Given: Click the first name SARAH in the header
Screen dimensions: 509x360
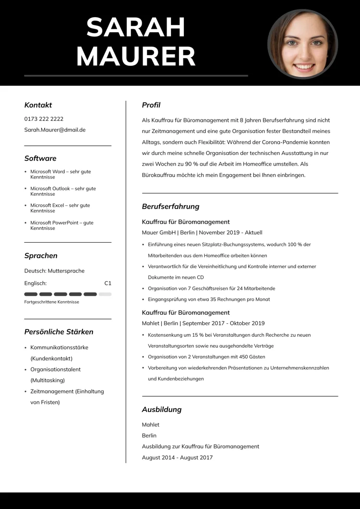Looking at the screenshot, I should pos(136,27).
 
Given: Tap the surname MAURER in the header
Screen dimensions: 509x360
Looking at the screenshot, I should pos(136,57).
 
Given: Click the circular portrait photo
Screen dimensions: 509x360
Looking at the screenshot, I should pos(302,44).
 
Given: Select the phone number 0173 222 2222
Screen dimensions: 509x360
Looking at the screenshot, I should pos(44,119).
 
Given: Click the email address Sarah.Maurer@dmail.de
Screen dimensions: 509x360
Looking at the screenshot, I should pos(55,130).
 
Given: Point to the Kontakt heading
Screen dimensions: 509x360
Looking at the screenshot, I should pos(38,105).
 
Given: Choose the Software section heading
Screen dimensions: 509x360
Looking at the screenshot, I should pos(40,158).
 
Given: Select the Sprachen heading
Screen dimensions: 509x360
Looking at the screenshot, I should pos(41,256).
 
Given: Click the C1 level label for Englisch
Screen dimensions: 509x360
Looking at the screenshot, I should pos(108,284).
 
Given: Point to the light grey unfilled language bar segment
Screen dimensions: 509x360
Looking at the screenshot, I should pos(105,294).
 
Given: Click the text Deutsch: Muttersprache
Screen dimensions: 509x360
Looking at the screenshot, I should pos(54,271).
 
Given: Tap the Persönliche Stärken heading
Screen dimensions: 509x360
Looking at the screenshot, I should pos(59,332).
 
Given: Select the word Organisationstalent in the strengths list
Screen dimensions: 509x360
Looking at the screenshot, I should pos(55,369).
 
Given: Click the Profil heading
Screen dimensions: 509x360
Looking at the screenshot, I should pos(151,105).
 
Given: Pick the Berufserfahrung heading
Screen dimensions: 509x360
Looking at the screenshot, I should pos(170,207).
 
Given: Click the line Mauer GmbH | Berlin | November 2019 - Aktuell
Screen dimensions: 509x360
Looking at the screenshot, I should pos(202,233).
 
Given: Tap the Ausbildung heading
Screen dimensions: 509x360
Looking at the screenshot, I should pos(162,410).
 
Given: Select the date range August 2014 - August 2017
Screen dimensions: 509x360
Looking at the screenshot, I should pos(177,458).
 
